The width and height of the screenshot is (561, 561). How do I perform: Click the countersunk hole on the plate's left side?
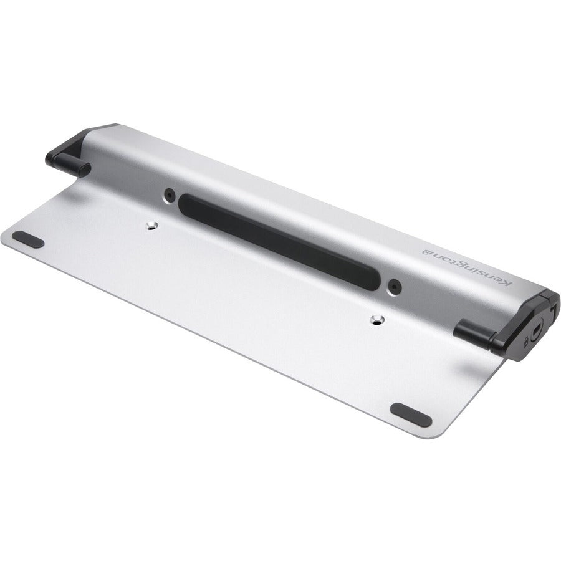(150, 225)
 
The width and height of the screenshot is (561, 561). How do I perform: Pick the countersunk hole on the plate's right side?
(376, 320)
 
